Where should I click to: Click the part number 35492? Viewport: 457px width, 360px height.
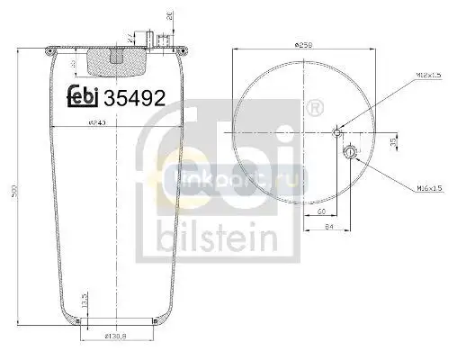132,96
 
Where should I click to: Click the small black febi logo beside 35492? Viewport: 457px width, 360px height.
83,96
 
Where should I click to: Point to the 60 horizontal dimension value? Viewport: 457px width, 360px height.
321,211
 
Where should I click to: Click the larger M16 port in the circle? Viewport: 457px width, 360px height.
350,153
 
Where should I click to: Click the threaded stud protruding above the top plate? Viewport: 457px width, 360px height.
161,39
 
